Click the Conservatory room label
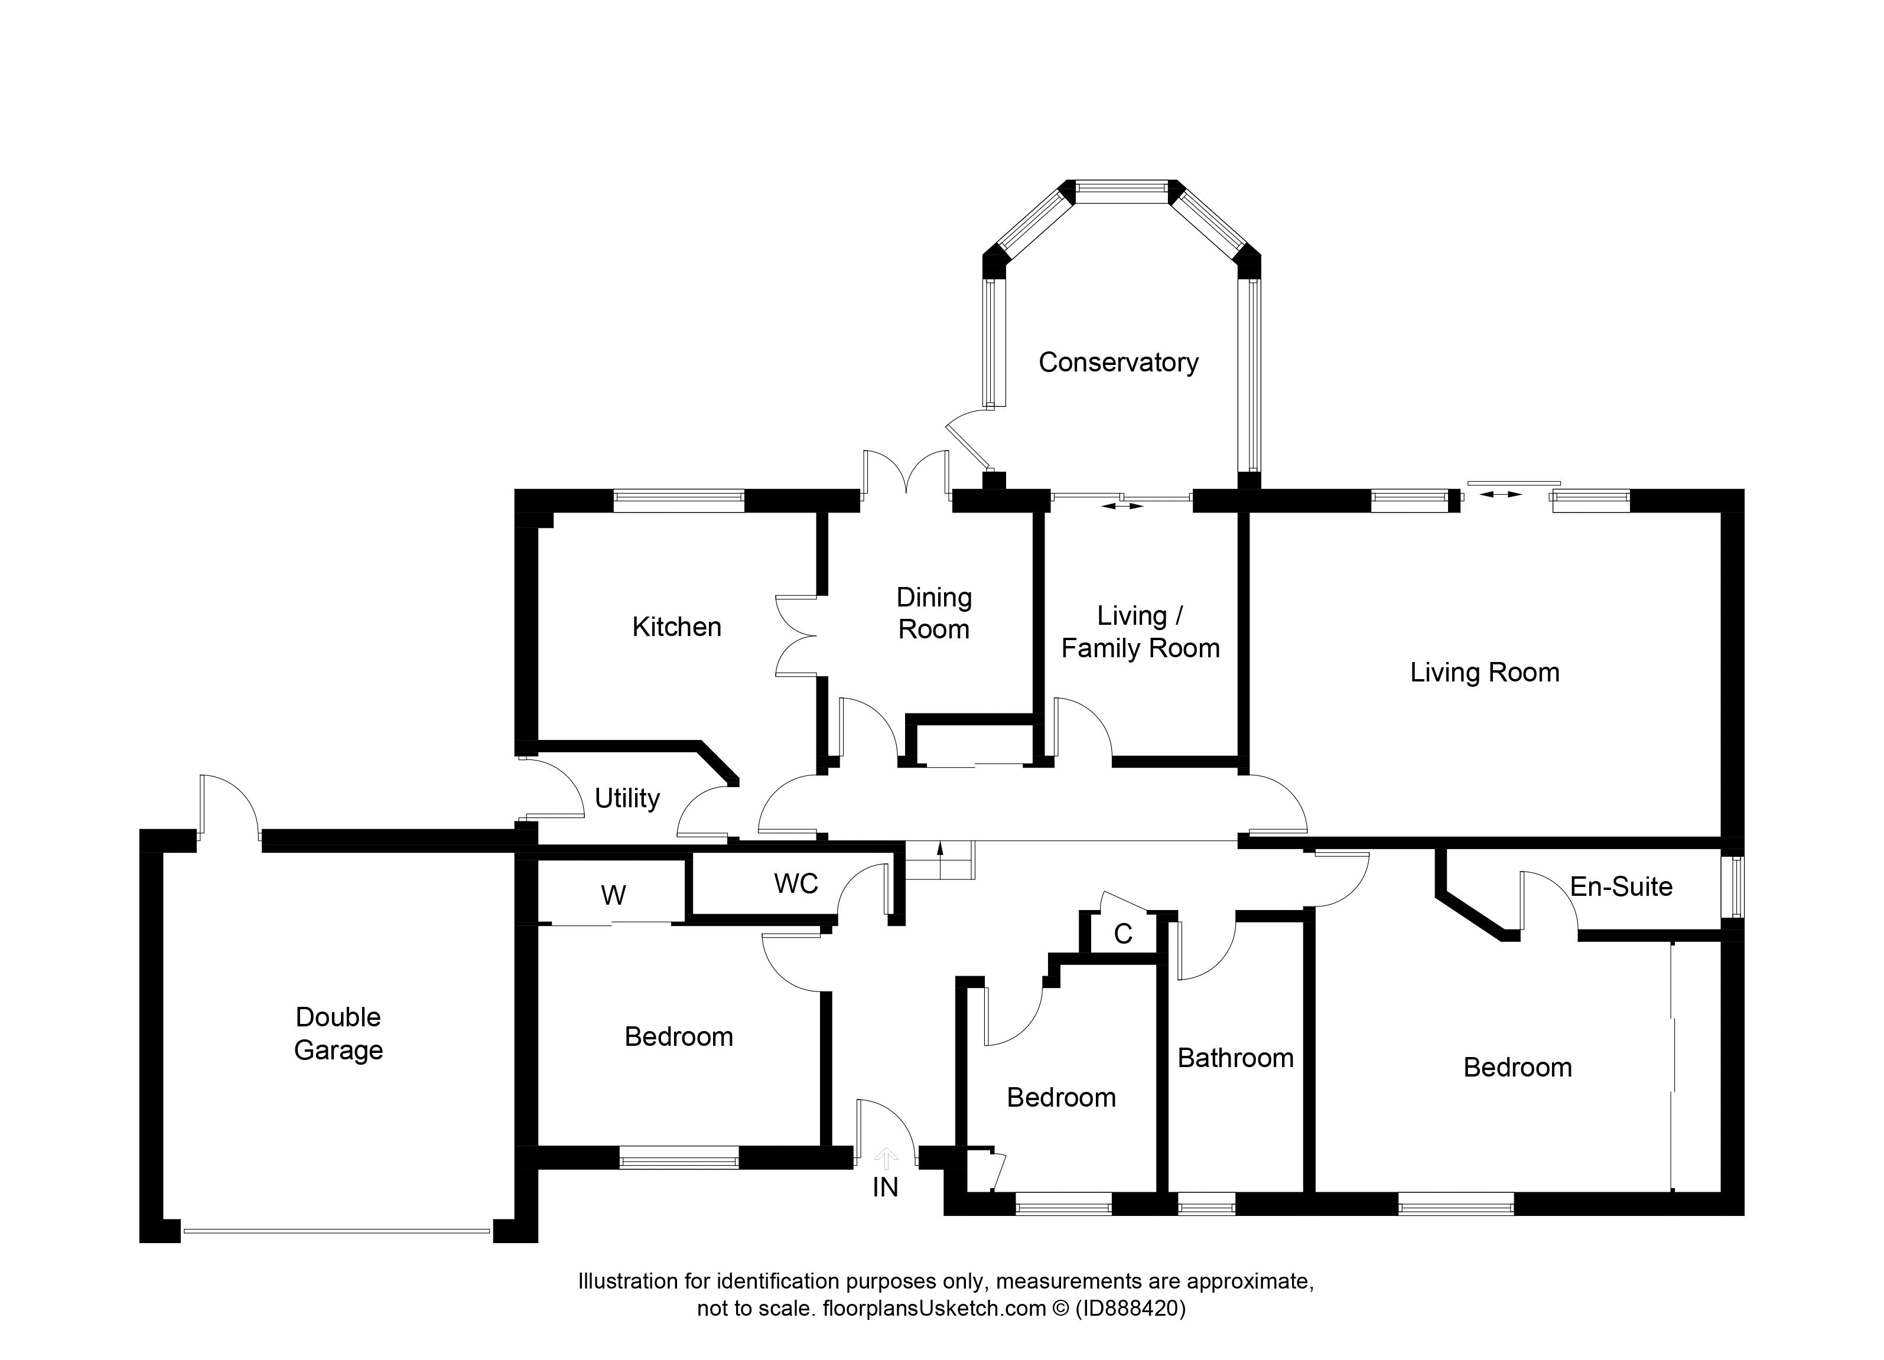click(x=1118, y=362)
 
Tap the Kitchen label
click(x=676, y=627)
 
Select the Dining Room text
click(x=933, y=613)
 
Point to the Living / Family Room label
click(x=1140, y=631)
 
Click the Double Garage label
click(x=338, y=1033)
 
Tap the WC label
click(x=796, y=883)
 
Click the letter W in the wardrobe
click(x=613, y=895)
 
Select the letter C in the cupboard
click(x=1123, y=934)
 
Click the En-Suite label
click(x=1621, y=887)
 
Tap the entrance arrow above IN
click(x=886, y=1157)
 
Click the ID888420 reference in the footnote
click(x=1131, y=1309)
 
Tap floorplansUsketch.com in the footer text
click(x=933, y=1309)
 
